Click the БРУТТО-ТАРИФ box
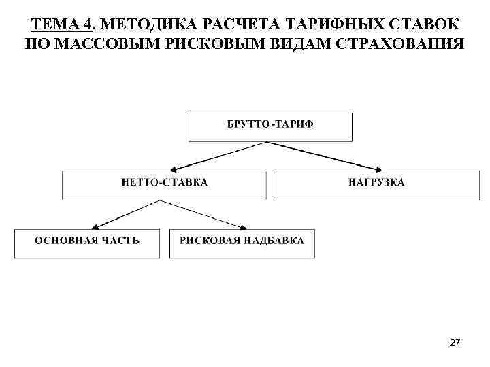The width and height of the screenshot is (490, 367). (x=270, y=127)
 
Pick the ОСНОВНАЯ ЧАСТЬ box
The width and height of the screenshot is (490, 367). (x=87, y=243)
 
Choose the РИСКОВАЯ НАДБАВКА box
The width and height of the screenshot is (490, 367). (x=242, y=243)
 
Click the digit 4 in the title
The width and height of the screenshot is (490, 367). (x=87, y=26)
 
